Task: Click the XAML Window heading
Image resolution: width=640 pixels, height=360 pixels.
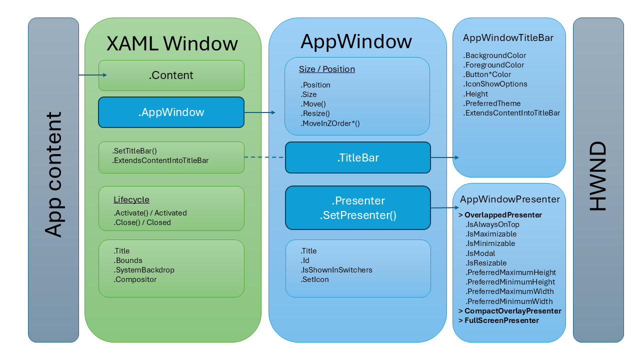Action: pyautogui.click(x=172, y=44)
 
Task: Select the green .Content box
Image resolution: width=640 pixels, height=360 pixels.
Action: pyautogui.click(x=171, y=75)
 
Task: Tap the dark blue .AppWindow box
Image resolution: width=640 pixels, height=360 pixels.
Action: pyautogui.click(x=171, y=112)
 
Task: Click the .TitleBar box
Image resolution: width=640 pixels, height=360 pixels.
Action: pyautogui.click(x=358, y=158)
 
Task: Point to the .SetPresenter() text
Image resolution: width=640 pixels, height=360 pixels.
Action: pyautogui.click(x=358, y=215)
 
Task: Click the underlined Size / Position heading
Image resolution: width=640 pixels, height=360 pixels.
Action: pyautogui.click(x=327, y=69)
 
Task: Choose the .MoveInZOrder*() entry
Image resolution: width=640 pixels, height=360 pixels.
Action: pyautogui.click(x=330, y=123)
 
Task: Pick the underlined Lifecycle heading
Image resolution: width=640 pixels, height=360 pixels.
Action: pyautogui.click(x=131, y=199)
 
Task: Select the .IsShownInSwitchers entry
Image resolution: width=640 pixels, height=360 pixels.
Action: pyautogui.click(x=336, y=270)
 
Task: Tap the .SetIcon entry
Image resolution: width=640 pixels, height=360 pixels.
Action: pyautogui.click(x=315, y=279)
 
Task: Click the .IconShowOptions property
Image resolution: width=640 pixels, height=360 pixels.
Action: pyautogui.click(x=495, y=84)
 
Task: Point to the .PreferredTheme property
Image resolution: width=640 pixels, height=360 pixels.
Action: pyautogui.click(x=492, y=103)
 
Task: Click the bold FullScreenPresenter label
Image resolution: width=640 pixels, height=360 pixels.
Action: pyautogui.click(x=501, y=320)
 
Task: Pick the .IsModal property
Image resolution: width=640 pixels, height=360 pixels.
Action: pyautogui.click(x=481, y=253)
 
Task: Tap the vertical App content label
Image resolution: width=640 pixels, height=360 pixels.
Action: pyautogui.click(x=53, y=174)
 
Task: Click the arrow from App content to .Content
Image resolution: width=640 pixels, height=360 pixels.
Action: pyautogui.click(x=93, y=75)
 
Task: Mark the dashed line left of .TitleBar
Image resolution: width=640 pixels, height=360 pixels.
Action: pyautogui.click(x=264, y=157)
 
